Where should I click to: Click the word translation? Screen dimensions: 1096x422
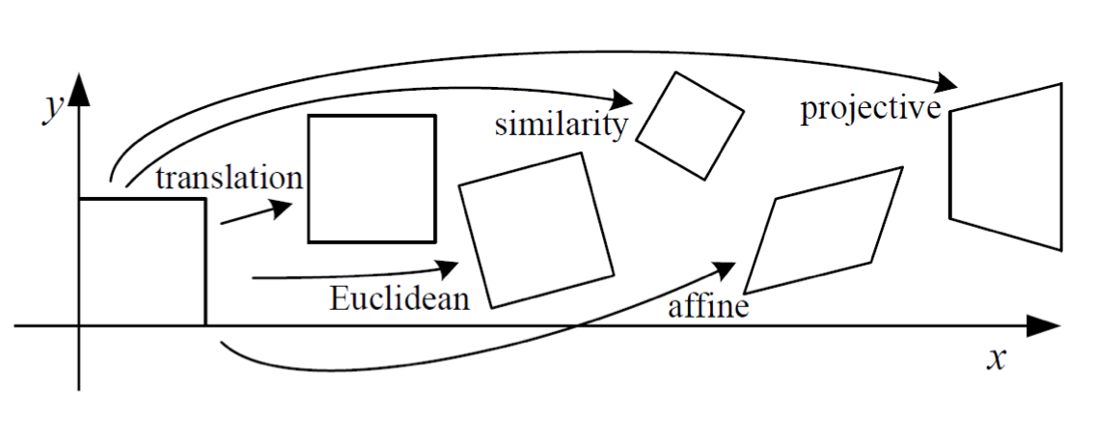click(x=229, y=179)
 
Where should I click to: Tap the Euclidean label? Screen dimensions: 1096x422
click(x=399, y=297)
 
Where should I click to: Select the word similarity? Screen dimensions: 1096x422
click(x=562, y=125)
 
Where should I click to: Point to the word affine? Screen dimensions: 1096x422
click(x=708, y=308)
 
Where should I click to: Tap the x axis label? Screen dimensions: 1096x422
click(x=998, y=359)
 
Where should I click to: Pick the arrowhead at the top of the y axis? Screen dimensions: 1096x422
click(x=79, y=90)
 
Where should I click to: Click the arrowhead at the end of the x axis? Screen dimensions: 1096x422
click(x=1044, y=326)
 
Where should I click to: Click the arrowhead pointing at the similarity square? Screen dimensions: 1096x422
click(x=622, y=98)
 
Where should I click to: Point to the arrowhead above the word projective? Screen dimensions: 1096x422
click(x=947, y=82)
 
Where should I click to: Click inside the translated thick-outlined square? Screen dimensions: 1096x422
click(x=371, y=178)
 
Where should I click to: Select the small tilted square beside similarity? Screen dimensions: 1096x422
click(x=690, y=126)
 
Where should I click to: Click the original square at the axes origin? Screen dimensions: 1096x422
click(x=142, y=261)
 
